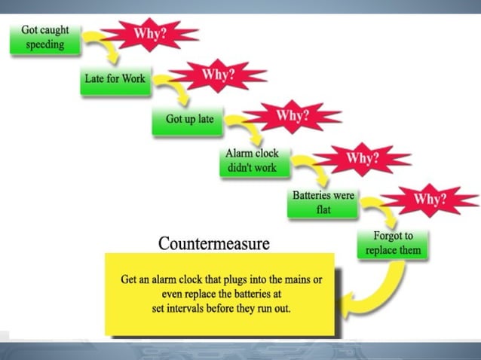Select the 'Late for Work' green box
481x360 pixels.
coord(115,78)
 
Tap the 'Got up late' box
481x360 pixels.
coord(189,119)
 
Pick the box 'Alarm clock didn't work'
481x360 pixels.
coord(252,160)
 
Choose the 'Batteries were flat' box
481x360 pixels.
coord(323,202)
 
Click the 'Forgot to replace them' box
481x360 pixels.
coord(393,243)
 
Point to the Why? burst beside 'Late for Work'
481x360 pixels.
coord(218,75)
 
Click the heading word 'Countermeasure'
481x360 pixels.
coord(213,243)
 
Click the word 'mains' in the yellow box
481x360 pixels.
coord(297,279)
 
